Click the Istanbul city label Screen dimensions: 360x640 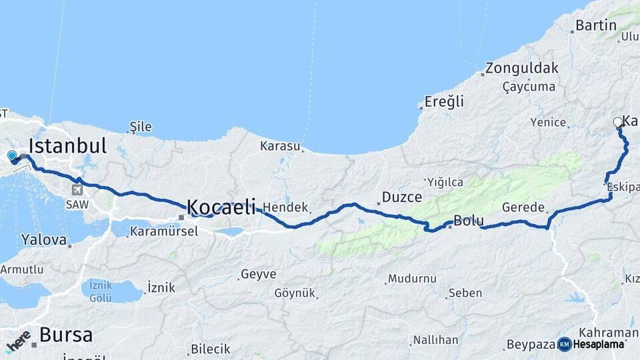point(67,146)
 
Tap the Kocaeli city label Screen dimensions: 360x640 point(221,207)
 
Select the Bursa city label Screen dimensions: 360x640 point(65,335)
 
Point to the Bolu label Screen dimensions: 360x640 point(468,221)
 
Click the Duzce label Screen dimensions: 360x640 point(402,197)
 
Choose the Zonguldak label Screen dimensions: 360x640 point(521,68)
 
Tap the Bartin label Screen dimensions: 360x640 point(595,26)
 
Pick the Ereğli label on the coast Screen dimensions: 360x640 point(445,102)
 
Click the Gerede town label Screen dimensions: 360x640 point(524,207)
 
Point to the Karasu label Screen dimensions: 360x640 point(281,145)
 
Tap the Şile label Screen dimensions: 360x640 point(141,127)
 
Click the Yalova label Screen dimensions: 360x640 point(44,239)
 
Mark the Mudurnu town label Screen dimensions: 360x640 point(412,278)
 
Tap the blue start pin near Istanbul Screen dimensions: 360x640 point(12,157)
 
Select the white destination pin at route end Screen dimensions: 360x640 point(618,123)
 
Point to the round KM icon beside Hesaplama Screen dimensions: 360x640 point(564,344)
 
